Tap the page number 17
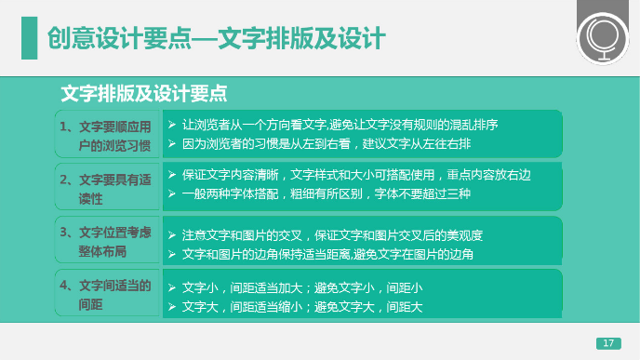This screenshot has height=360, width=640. click(x=608, y=343)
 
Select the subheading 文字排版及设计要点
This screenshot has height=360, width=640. click(x=143, y=94)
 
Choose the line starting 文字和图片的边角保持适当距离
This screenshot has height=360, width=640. click(x=327, y=254)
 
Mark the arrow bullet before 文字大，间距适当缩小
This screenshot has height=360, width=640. click(x=171, y=306)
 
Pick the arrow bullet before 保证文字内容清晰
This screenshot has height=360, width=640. click(x=171, y=174)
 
